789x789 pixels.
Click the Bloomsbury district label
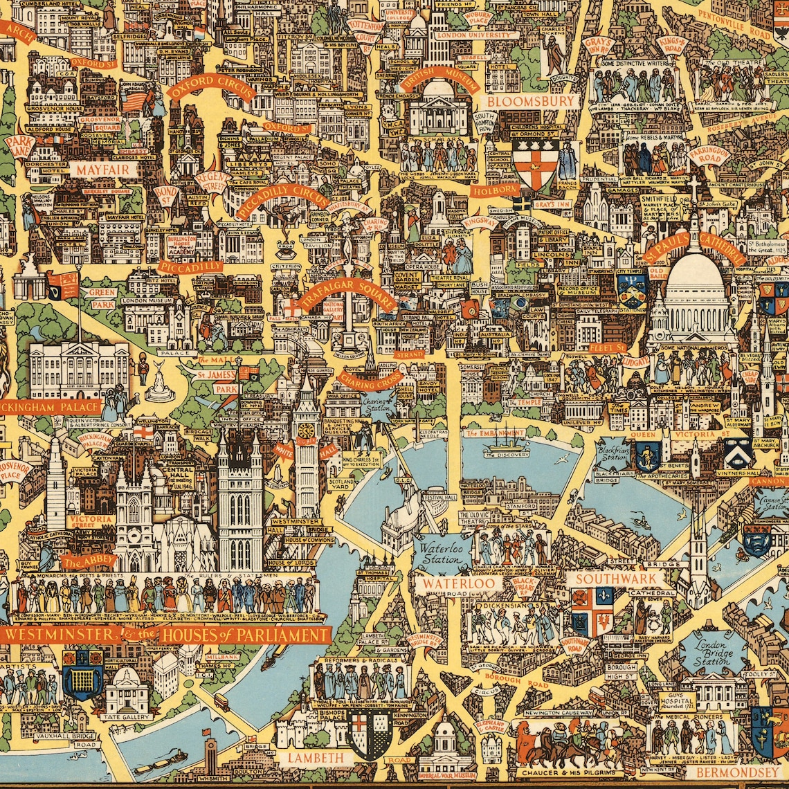click(x=530, y=101)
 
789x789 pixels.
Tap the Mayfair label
click(x=103, y=170)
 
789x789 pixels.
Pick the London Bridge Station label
click(x=713, y=651)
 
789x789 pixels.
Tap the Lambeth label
click(x=316, y=757)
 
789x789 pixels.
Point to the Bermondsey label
click(x=737, y=772)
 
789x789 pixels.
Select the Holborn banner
click(x=495, y=190)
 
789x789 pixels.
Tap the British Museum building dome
click(x=437, y=90)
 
